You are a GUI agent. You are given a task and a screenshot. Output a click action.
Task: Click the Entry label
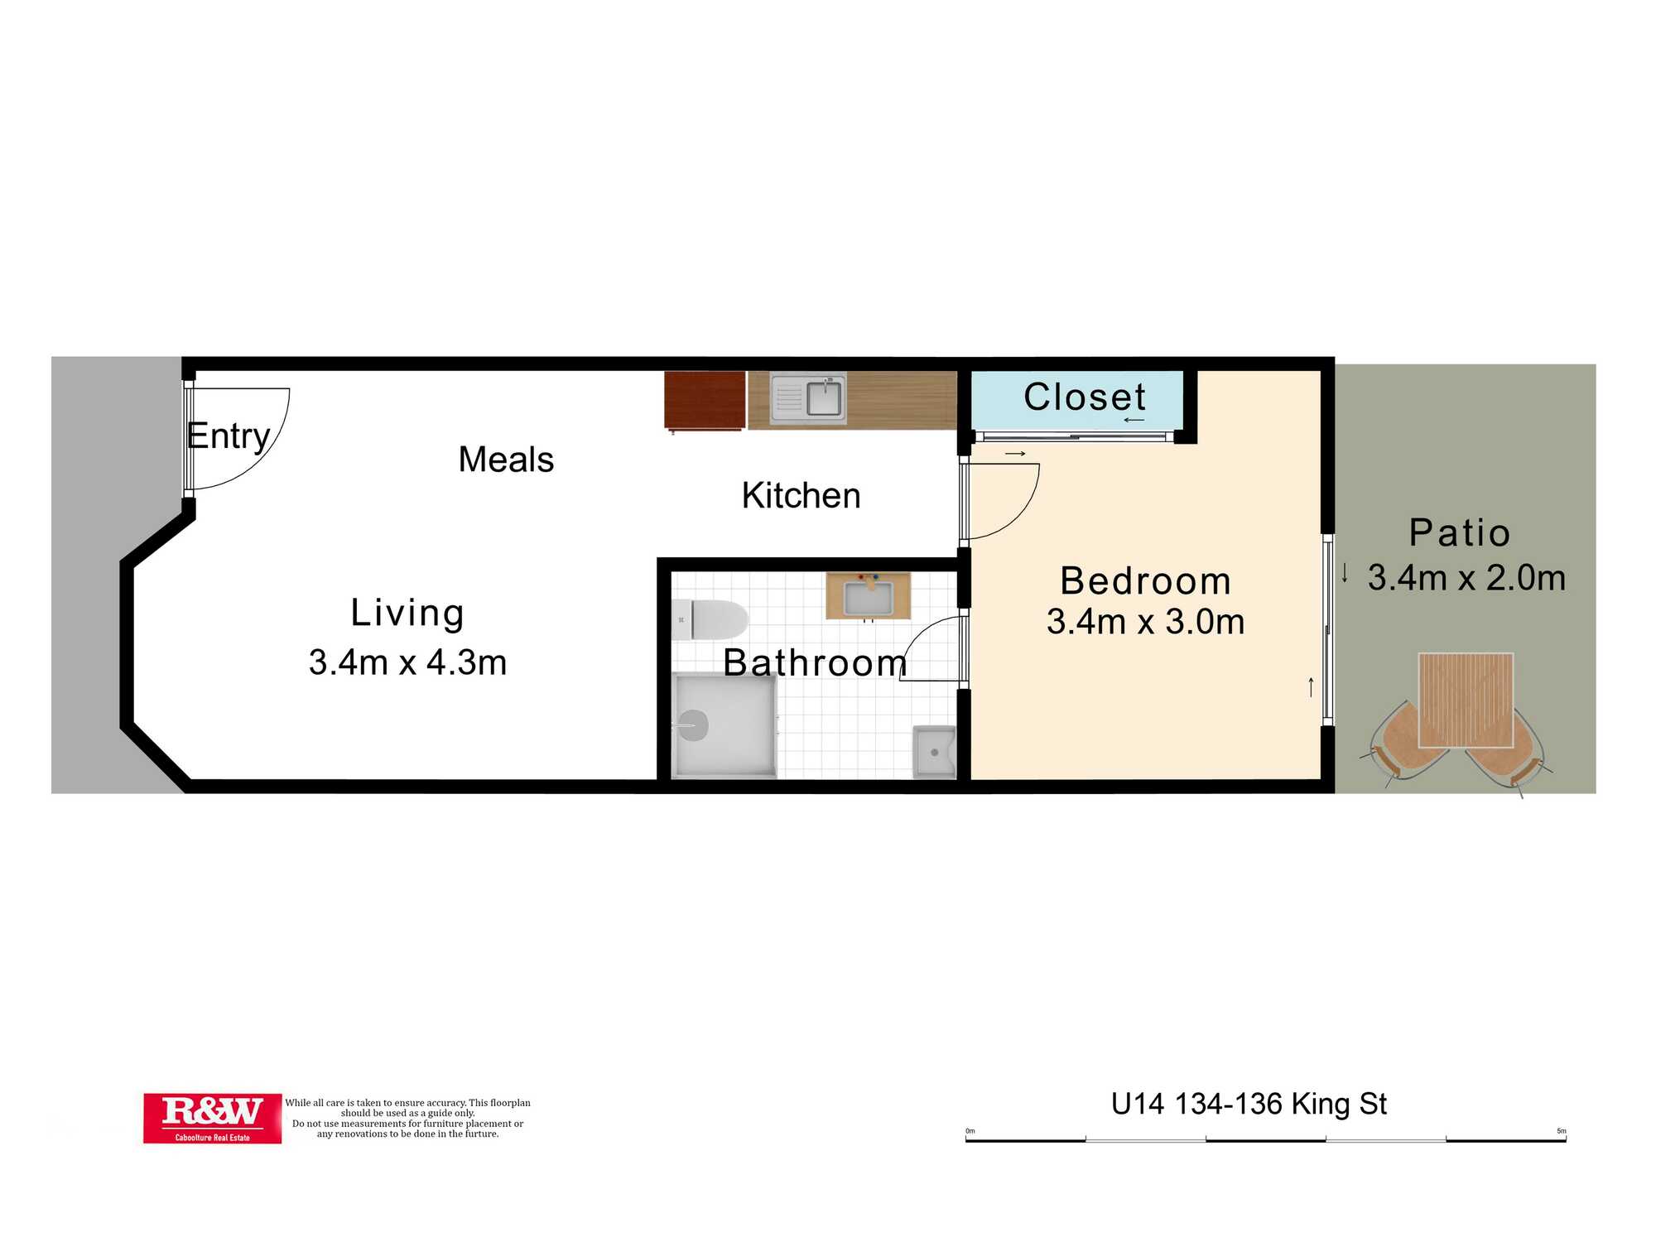click(229, 436)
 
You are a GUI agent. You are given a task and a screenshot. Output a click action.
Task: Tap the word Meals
click(506, 460)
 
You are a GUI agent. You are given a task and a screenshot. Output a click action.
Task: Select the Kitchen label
click(801, 496)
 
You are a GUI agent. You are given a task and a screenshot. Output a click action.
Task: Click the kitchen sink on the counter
click(808, 399)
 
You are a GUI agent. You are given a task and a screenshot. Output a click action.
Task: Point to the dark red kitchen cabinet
click(705, 401)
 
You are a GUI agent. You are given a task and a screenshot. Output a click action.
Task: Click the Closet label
click(1085, 397)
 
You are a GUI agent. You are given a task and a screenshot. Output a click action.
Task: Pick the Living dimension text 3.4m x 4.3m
click(407, 662)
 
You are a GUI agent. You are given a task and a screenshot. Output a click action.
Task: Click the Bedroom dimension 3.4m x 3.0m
click(1145, 622)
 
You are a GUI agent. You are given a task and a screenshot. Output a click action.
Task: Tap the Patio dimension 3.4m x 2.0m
click(1466, 578)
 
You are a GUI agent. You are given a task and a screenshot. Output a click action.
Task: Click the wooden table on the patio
click(1466, 700)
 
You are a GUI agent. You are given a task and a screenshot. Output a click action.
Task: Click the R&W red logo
click(212, 1119)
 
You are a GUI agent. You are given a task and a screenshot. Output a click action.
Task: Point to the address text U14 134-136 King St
click(1249, 1105)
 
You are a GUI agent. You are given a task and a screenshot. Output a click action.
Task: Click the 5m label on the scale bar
click(1561, 1131)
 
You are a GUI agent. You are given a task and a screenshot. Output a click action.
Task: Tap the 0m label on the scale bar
click(970, 1131)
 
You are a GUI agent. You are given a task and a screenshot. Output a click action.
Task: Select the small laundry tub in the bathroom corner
click(934, 752)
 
